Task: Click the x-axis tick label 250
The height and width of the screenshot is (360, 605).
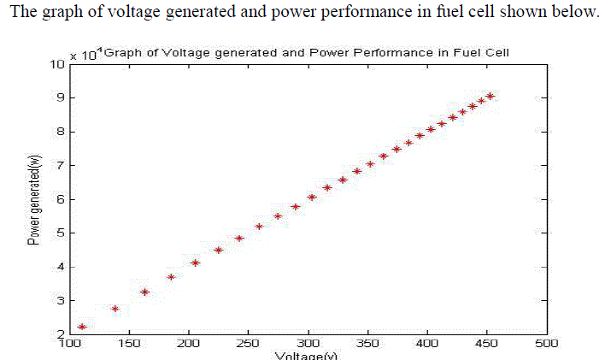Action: [248, 343]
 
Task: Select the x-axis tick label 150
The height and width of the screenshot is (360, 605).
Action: [128, 343]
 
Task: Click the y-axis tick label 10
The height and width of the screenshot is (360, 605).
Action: [56, 64]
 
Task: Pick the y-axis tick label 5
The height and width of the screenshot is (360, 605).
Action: [60, 233]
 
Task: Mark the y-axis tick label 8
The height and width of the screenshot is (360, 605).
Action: [60, 132]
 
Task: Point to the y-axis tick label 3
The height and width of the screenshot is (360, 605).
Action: [60, 300]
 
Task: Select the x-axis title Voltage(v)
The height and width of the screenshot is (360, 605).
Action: [307, 355]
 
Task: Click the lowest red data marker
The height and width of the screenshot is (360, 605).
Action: [82, 327]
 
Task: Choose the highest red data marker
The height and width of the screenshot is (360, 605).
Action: [490, 96]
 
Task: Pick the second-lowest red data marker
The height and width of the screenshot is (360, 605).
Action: [115, 309]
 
